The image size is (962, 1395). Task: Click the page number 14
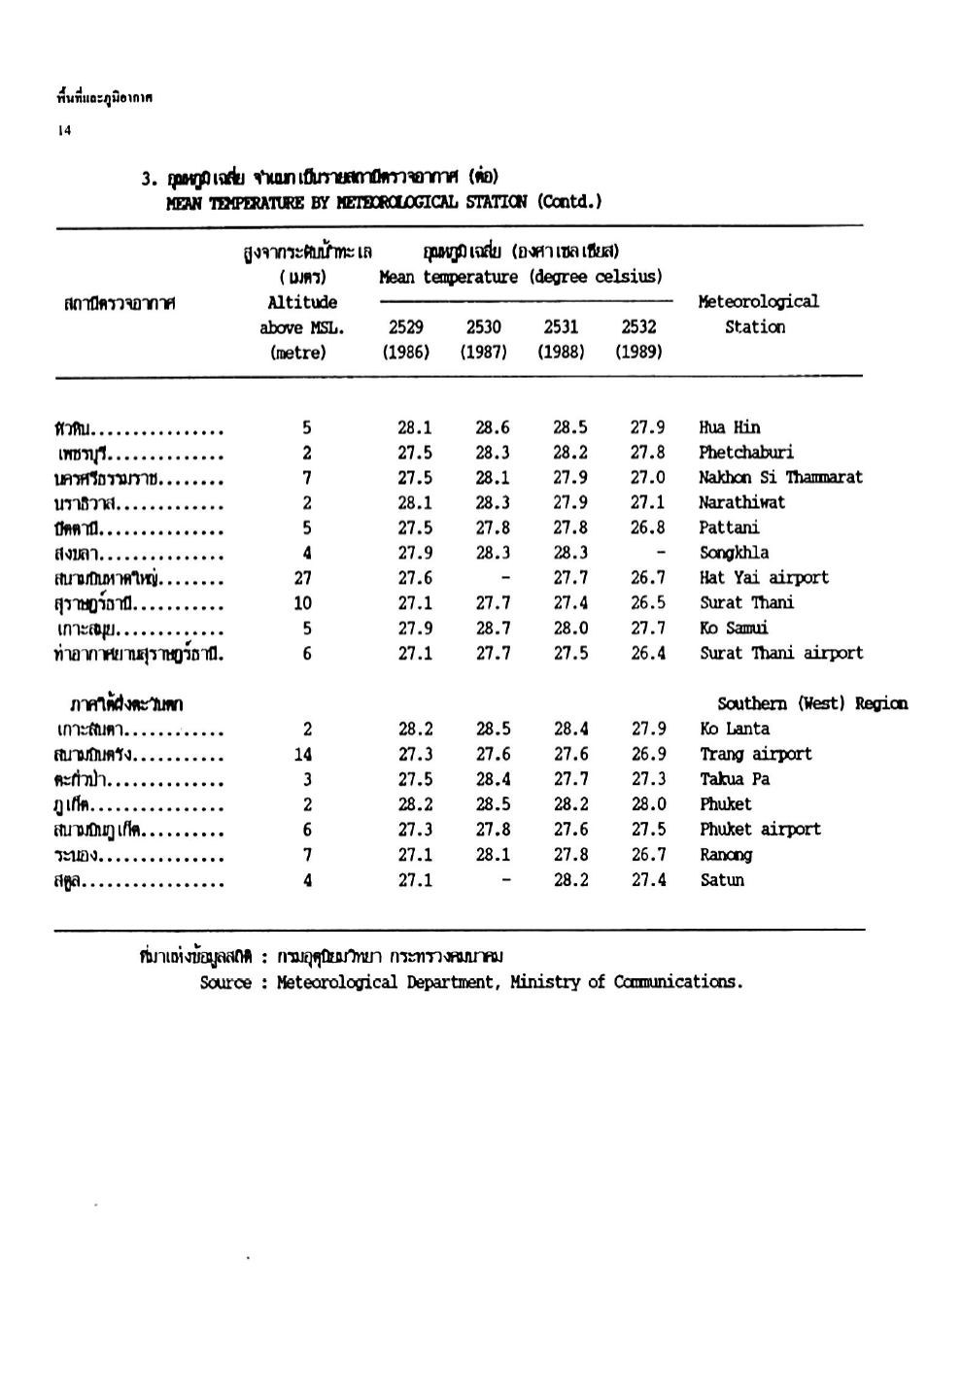click(64, 131)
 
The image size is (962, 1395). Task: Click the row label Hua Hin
click(730, 427)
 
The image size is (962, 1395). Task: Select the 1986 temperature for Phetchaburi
click(415, 453)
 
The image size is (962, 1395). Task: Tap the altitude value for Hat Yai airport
click(302, 578)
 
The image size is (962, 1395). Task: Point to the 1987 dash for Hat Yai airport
click(505, 578)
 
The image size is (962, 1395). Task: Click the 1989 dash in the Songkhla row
click(661, 553)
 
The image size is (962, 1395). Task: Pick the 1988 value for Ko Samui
click(570, 629)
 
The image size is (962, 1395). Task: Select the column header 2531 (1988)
click(561, 339)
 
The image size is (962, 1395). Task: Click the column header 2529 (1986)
click(405, 339)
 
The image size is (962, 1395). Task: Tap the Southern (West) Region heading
click(812, 703)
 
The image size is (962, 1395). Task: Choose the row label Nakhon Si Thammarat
click(780, 478)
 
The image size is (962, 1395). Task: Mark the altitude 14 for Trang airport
click(302, 755)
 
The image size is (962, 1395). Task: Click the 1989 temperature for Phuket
click(648, 804)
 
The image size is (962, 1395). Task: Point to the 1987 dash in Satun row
click(505, 880)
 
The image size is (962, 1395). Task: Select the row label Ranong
click(726, 855)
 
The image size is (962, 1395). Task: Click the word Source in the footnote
click(225, 982)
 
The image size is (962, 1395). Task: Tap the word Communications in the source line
click(678, 982)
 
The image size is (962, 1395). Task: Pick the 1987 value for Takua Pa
click(493, 779)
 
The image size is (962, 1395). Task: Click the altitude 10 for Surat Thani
click(302, 603)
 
